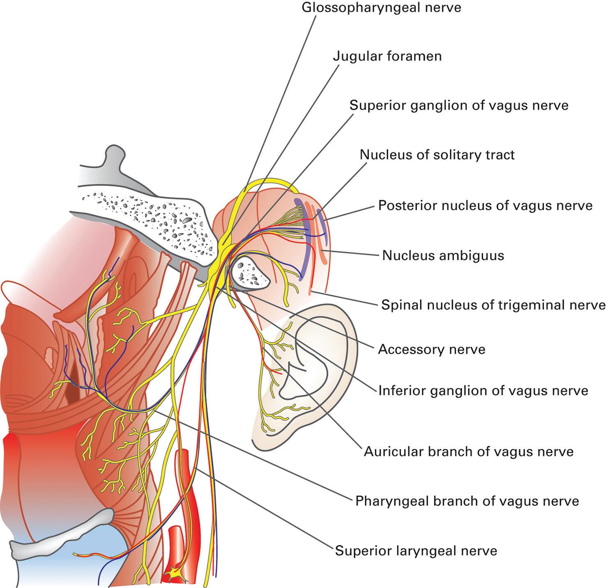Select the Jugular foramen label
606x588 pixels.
coord(387,56)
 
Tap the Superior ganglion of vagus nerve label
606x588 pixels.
coord(459,105)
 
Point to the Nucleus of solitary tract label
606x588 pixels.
coord(437,155)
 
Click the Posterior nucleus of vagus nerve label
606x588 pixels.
coord(485,206)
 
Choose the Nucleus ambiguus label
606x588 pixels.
coord(443,256)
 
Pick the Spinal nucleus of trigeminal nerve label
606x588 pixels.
coord(493,305)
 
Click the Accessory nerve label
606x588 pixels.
coord(431,350)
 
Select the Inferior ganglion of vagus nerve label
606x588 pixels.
coord(483,390)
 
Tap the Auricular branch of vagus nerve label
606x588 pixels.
coord(468,452)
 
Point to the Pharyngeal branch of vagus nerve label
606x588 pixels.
coord(467,501)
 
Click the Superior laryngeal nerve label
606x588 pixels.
coord(416,551)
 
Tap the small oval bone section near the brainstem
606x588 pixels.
coord(249,274)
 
